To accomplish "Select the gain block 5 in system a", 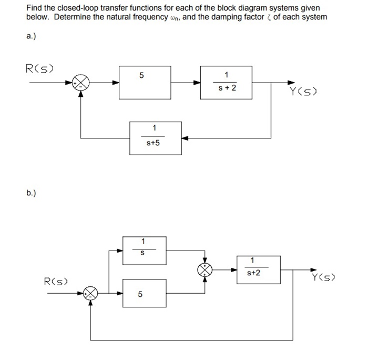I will (145, 83).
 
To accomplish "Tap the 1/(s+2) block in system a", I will (227, 83).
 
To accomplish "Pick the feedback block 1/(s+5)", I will (156, 138).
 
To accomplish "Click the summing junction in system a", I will (81, 83).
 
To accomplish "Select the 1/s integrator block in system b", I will (144, 251).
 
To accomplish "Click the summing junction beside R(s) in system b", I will (91, 293).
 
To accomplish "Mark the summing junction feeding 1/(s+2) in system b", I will (205, 270).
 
